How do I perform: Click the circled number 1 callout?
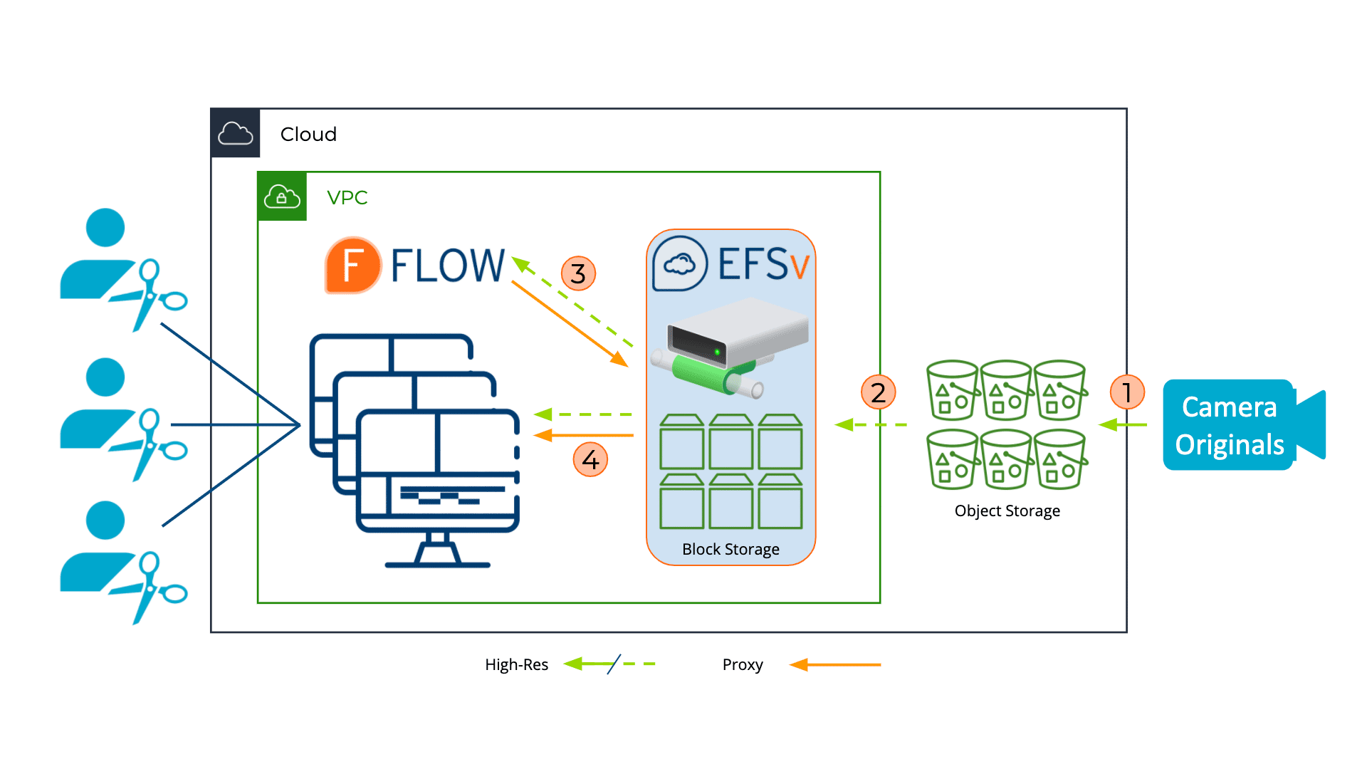tap(1127, 392)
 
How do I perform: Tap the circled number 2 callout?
tap(878, 392)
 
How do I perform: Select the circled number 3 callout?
tap(578, 273)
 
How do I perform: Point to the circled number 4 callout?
tap(590, 459)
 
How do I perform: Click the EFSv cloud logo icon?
tap(680, 264)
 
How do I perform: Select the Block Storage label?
tap(730, 549)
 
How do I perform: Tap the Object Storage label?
tap(1007, 511)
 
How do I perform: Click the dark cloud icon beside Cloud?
tap(236, 133)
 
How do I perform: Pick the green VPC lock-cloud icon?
tap(282, 197)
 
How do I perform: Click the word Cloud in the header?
tap(308, 134)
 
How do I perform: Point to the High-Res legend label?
tap(516, 664)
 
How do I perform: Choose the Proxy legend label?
tap(742, 664)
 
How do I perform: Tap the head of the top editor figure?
tap(105, 227)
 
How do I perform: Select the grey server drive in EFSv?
tap(737, 335)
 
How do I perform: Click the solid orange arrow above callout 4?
tap(584, 435)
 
